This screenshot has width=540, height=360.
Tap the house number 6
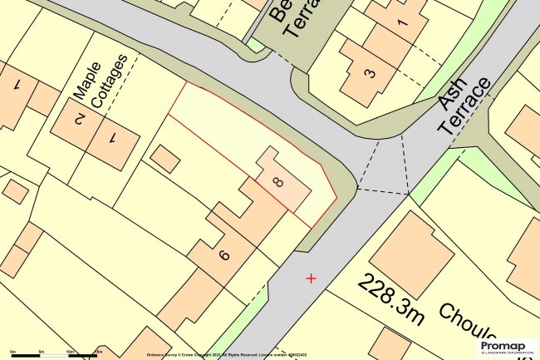[223, 254]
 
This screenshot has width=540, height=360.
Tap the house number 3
[369, 72]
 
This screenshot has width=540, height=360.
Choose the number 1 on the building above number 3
[402, 24]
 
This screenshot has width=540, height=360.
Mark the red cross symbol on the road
[311, 278]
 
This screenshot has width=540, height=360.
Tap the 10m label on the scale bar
[70, 351]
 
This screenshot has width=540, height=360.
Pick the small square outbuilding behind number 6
[165, 159]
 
